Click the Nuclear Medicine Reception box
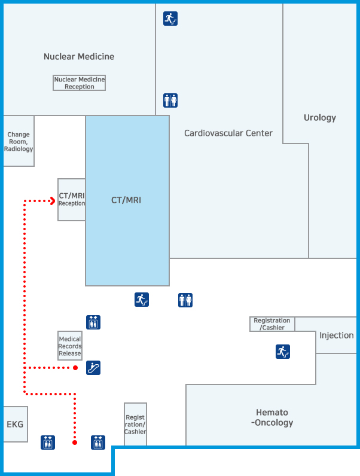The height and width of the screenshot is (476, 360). (79, 83)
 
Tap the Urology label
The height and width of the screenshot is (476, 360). (320, 118)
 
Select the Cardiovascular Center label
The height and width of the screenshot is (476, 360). (228, 133)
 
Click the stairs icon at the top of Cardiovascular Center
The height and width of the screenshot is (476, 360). (170, 19)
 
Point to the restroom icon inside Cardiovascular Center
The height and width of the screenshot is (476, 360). (170, 100)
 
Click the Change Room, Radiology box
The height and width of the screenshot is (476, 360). (19, 142)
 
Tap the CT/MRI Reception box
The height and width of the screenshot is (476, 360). (71, 200)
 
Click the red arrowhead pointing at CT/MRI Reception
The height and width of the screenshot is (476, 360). (52, 201)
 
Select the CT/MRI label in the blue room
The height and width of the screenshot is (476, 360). (126, 200)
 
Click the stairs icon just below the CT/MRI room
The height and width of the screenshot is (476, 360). (142, 300)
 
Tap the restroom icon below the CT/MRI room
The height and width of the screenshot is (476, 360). (185, 300)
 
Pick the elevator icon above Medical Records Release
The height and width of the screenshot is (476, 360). (93, 322)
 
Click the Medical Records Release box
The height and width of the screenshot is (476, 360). (70, 346)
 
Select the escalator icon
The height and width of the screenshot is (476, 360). (93, 368)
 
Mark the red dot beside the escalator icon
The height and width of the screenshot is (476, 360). (75, 368)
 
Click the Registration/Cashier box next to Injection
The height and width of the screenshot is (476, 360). (272, 324)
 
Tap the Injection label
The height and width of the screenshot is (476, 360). (336, 335)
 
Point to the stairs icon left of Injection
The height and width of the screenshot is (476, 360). (283, 352)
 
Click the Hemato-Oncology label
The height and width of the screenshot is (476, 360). (272, 417)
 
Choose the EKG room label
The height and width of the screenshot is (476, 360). (15, 425)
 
